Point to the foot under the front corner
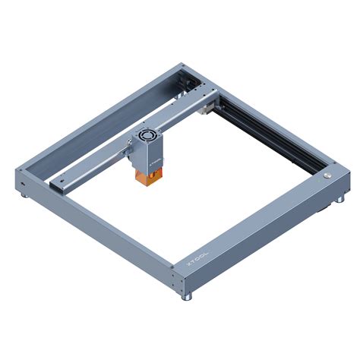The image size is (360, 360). tap(185, 295)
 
